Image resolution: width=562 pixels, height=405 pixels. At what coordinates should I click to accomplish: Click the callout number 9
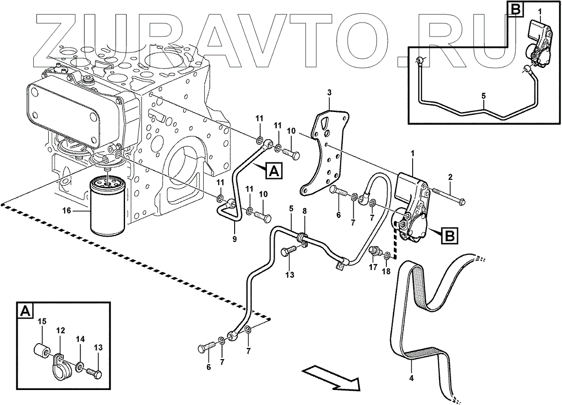pos(235,239)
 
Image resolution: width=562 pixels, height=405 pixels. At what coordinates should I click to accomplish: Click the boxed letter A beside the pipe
pos(274,172)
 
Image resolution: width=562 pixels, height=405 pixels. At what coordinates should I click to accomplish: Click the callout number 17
pos(373,268)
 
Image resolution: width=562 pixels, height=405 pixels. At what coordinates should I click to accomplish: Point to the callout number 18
pos(387,271)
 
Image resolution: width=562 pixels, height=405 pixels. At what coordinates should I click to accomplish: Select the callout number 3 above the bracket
pos(329,93)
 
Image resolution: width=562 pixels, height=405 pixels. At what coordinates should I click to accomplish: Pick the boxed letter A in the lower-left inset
pos(25,310)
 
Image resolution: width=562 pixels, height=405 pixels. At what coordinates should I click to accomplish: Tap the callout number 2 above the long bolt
pos(450,177)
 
